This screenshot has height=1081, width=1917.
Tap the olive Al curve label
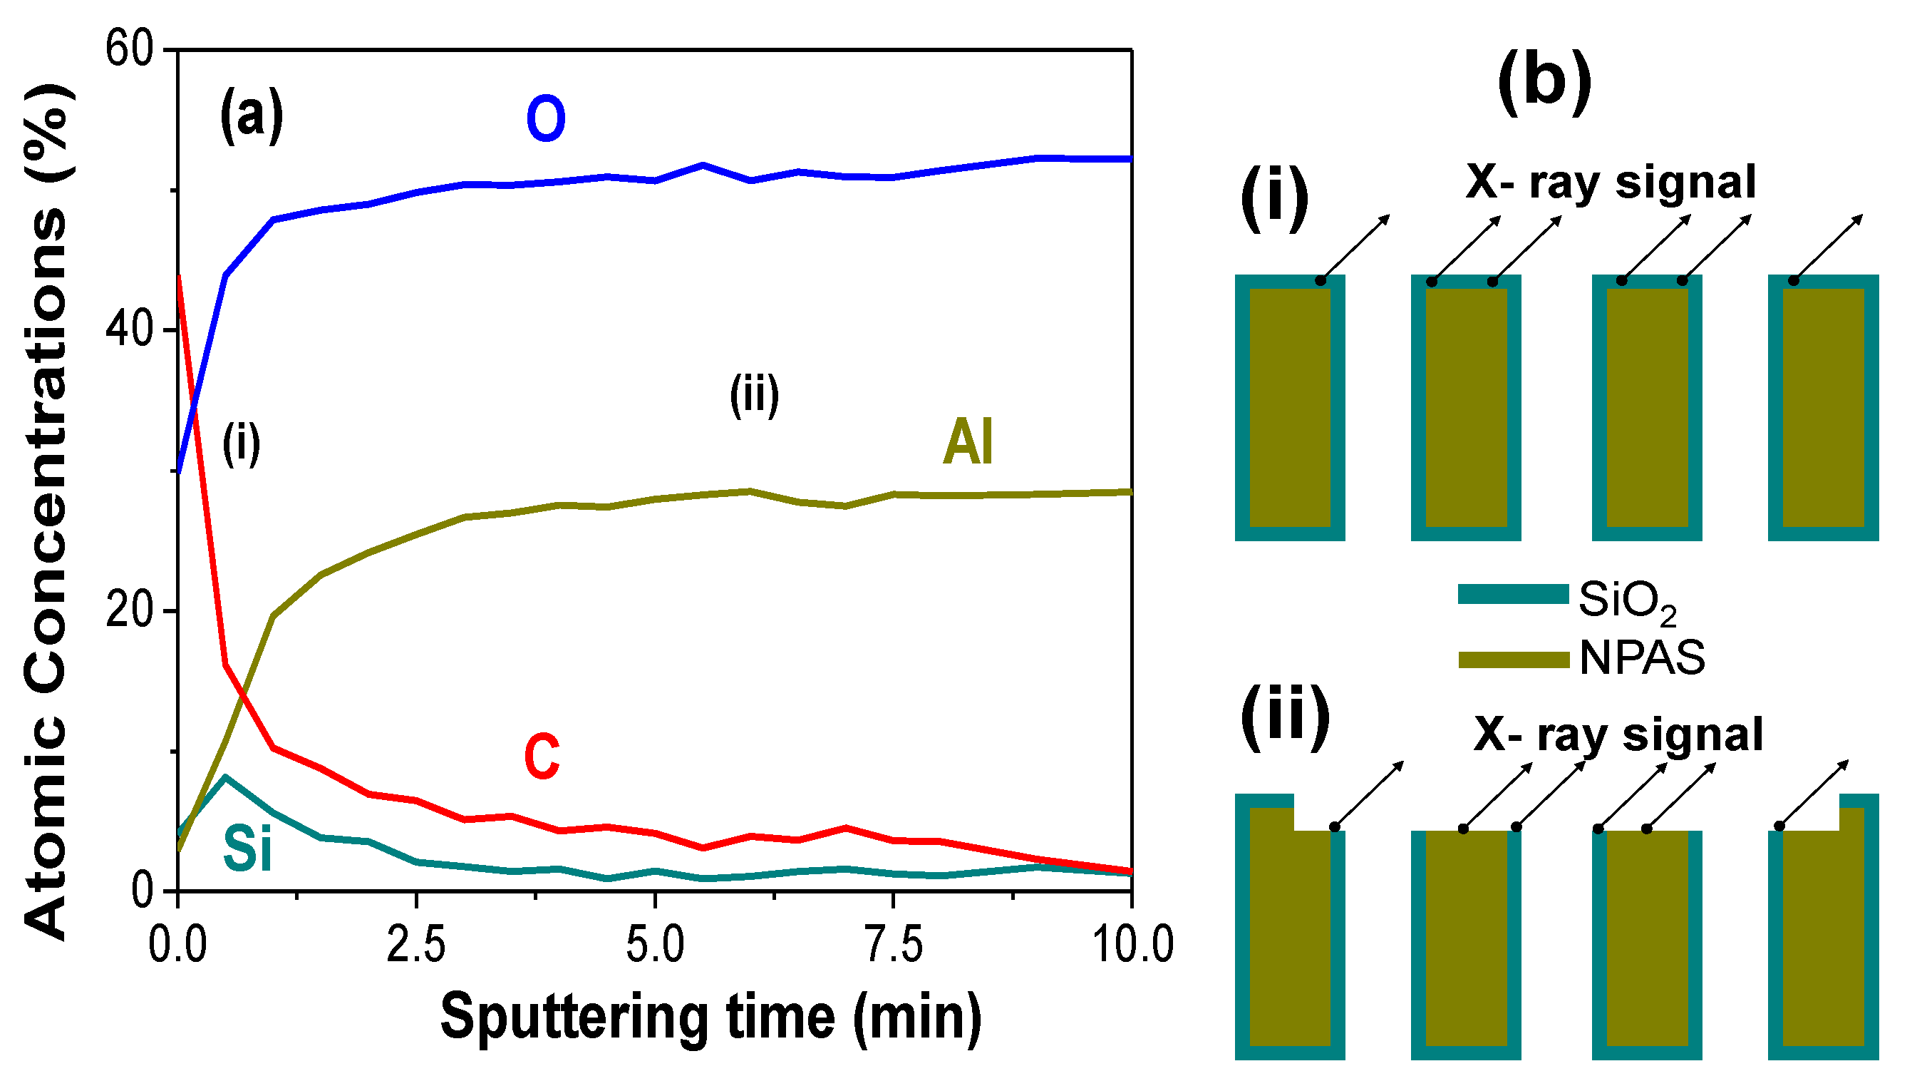coord(968,442)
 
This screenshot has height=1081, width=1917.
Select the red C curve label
coord(542,757)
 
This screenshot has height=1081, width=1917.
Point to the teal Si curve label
coord(248,849)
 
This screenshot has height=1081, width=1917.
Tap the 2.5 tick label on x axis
coord(416,946)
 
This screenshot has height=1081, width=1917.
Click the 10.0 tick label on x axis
coord(1132,946)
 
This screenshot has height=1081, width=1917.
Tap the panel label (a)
coord(252,116)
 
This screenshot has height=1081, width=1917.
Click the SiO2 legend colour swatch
coord(1513,594)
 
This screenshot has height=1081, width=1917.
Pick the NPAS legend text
coord(1642,658)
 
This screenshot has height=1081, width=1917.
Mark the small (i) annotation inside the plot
coord(241,444)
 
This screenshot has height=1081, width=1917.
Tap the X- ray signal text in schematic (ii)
coord(1618,735)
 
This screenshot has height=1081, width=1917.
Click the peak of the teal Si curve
coord(225,777)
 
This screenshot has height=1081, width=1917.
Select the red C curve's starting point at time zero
coord(179,277)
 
